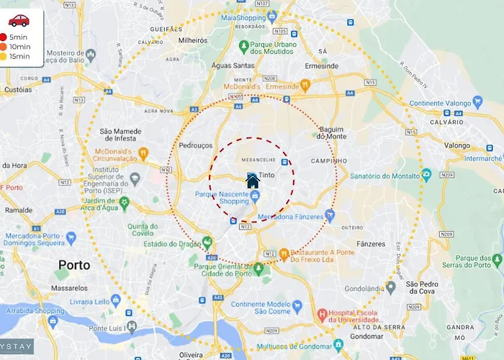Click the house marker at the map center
click(252, 180)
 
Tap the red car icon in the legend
click(19, 20)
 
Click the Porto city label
click(74, 265)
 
